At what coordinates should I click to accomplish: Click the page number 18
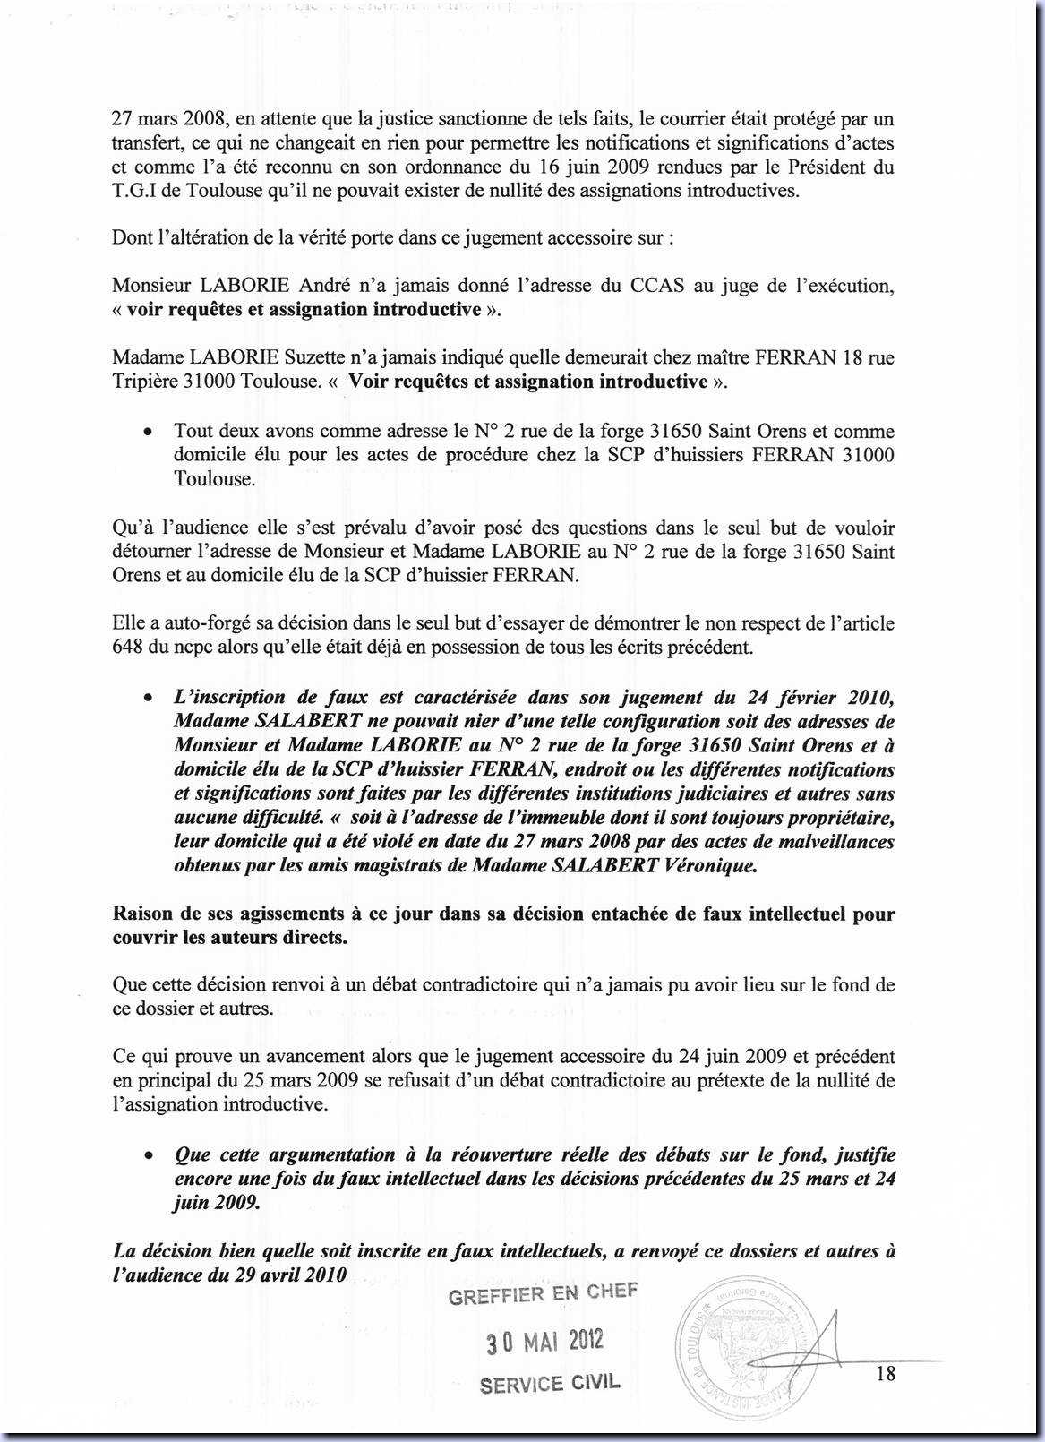pyautogui.click(x=886, y=1373)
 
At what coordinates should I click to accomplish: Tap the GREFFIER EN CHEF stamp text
pyautogui.click(x=544, y=1293)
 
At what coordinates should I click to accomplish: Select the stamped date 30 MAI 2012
pyautogui.click(x=544, y=1341)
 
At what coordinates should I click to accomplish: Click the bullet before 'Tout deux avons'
pyautogui.click(x=146, y=432)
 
